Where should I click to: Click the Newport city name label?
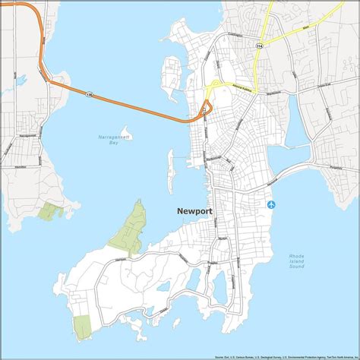pyautogui.click(x=194, y=212)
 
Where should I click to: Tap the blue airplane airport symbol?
pyautogui.click(x=272, y=204)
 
